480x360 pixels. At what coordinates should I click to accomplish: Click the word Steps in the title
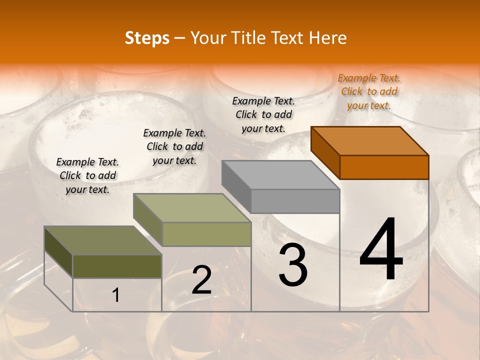click(x=147, y=38)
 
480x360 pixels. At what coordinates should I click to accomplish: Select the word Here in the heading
click(x=328, y=38)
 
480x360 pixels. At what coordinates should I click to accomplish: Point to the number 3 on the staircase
click(x=292, y=265)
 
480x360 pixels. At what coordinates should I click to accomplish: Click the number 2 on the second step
click(x=201, y=280)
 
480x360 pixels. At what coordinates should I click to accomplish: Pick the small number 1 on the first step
click(x=116, y=295)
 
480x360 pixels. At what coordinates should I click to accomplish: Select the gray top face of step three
click(x=280, y=174)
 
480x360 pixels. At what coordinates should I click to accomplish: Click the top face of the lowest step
click(x=103, y=240)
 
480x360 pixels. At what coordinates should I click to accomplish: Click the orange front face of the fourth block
click(x=384, y=167)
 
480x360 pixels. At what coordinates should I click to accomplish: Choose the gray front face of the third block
click(x=295, y=201)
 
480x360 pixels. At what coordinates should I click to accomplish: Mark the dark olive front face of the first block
click(x=117, y=266)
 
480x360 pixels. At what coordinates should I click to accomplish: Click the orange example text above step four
click(x=369, y=91)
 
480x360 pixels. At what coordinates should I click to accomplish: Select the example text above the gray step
click(x=263, y=114)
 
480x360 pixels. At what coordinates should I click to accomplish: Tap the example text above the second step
click(x=174, y=146)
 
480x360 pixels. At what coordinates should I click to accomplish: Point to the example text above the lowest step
click(x=87, y=175)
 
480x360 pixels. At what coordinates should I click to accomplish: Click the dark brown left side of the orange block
click(x=325, y=152)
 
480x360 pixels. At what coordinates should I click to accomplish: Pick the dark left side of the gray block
click(x=236, y=186)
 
